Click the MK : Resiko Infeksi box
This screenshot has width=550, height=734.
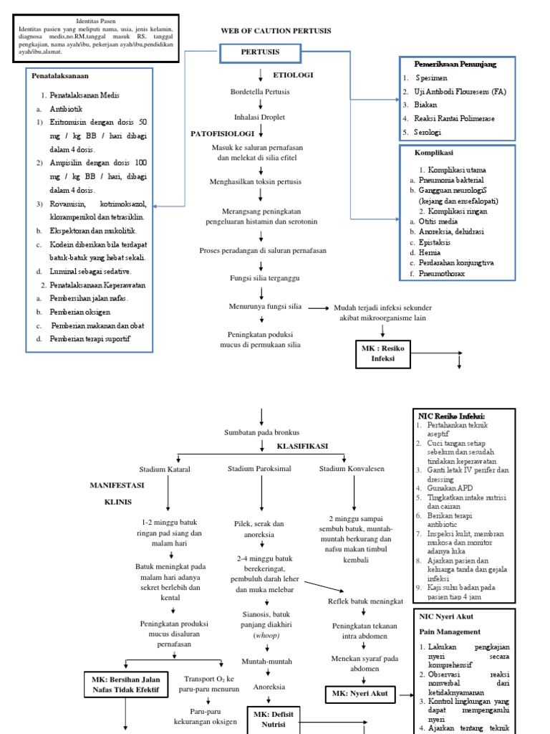[383, 354]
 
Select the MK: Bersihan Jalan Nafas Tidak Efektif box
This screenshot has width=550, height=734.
[126, 685]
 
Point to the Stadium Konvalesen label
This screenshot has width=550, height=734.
[352, 468]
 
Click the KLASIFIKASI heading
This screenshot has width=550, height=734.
[302, 446]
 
